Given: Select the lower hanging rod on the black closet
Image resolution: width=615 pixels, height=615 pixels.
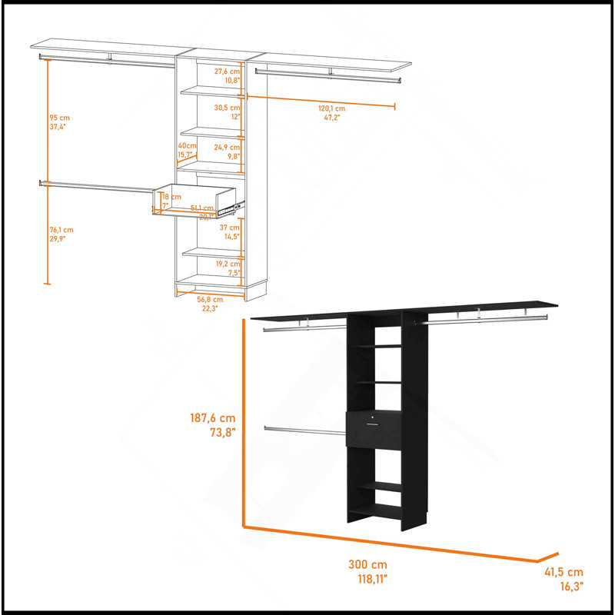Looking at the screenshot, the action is (x=304, y=430).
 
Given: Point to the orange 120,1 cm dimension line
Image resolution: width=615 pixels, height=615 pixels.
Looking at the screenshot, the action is (x=321, y=101).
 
